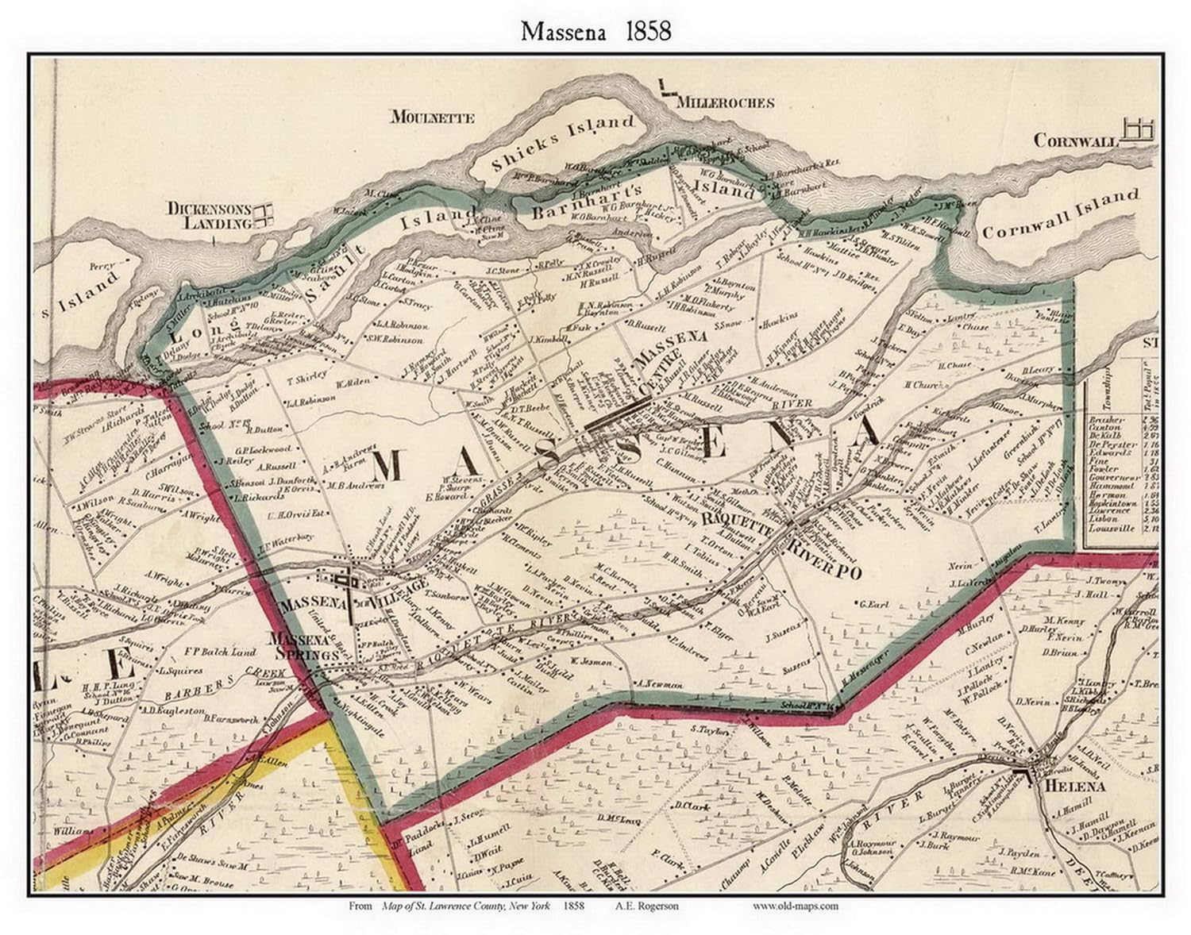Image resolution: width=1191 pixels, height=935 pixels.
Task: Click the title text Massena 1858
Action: (x=595, y=31)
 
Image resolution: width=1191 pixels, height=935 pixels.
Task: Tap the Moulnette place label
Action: (x=433, y=117)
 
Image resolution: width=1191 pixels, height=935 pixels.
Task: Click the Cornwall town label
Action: (x=1075, y=140)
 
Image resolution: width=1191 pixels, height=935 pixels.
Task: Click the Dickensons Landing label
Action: (x=209, y=216)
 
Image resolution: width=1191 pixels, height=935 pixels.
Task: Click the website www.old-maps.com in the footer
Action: (x=795, y=906)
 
